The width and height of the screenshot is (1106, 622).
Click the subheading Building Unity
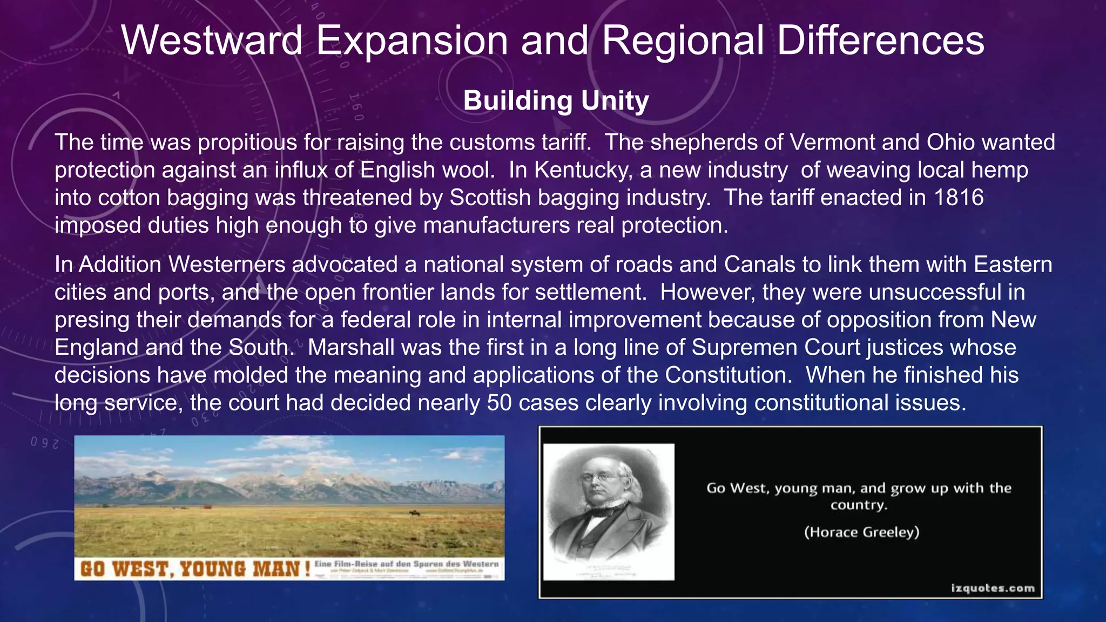(x=556, y=101)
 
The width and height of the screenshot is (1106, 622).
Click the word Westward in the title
(x=212, y=41)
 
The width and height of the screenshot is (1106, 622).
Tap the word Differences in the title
(x=880, y=41)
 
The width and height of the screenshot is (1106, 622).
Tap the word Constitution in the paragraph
(x=727, y=375)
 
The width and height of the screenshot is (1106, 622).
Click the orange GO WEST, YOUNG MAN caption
(x=194, y=569)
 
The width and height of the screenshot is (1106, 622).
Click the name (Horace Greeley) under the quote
(x=861, y=532)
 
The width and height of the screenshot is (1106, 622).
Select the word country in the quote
(x=859, y=505)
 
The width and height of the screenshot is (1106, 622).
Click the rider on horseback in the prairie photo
(x=413, y=513)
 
